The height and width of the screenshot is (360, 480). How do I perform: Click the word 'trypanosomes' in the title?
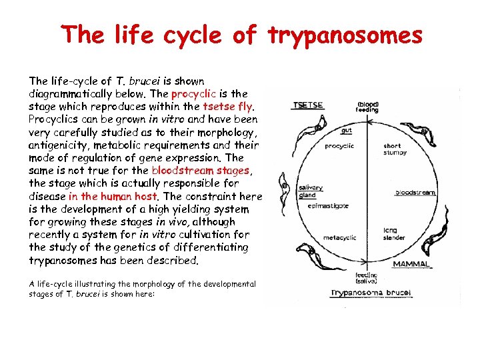click(x=345, y=35)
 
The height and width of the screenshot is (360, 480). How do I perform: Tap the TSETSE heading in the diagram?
click(x=308, y=105)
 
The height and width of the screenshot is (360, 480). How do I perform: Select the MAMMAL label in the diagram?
click(x=411, y=264)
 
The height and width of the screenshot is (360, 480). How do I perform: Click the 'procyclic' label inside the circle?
click(x=339, y=146)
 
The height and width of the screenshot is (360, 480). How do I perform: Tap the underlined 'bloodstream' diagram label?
click(x=415, y=192)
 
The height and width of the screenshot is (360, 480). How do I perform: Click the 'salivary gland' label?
click(x=307, y=192)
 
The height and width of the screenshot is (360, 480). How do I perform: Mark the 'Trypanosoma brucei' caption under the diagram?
click(x=362, y=291)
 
